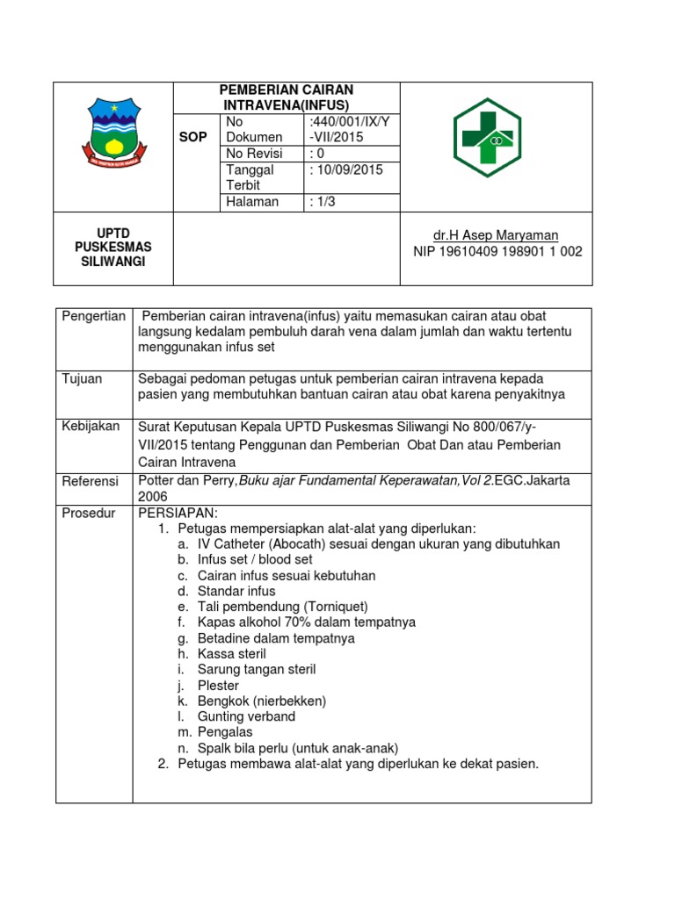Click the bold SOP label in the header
coord(193,138)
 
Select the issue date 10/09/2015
coord(348,170)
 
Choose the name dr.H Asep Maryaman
coord(497,235)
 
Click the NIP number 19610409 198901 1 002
coord(497,252)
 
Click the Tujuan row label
coord(82,378)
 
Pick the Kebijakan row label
coord(90,426)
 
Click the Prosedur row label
coord(88,513)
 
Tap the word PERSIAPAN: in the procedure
coord(178,513)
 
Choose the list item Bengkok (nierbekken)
coord(261,701)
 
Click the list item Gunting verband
coord(246,716)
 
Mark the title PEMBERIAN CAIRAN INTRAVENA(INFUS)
coord(286,97)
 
